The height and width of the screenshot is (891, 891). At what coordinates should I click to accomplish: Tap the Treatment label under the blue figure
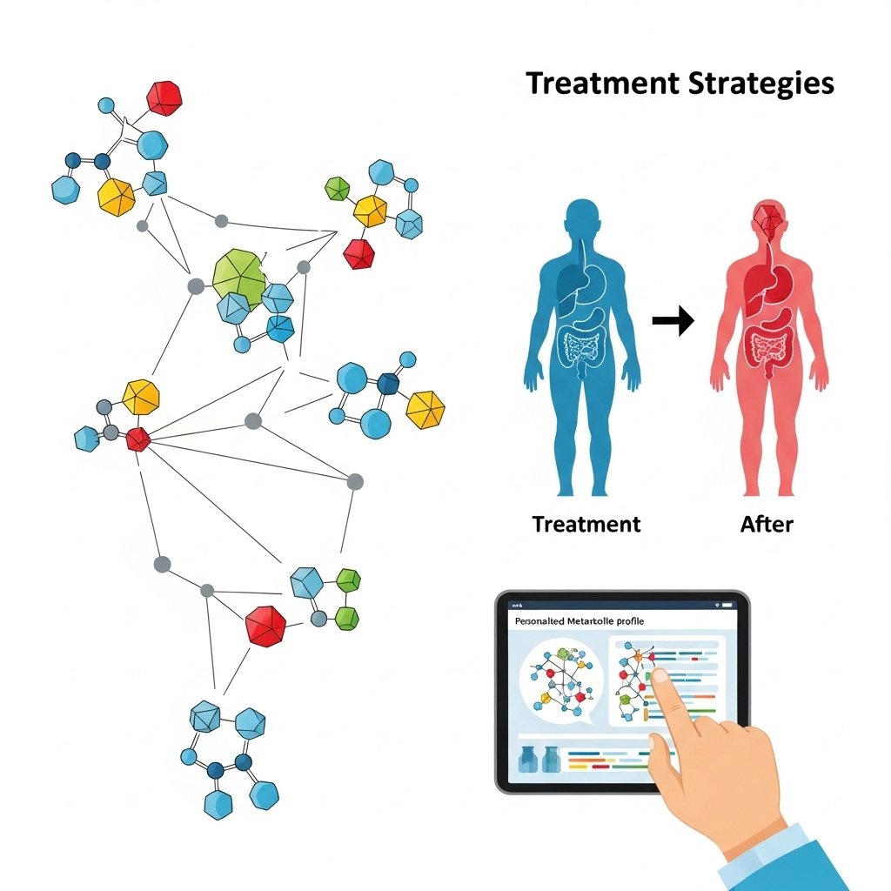point(586,524)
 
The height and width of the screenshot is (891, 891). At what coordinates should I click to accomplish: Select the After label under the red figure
point(767,524)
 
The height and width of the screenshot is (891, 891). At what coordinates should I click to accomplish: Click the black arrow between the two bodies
point(673,321)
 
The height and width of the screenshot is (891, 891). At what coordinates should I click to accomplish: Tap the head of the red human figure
point(767,218)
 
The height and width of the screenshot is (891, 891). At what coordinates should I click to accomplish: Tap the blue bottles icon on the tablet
point(538,760)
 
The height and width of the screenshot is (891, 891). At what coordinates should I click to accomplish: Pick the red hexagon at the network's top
point(164,97)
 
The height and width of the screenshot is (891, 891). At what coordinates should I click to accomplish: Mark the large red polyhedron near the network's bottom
point(265,625)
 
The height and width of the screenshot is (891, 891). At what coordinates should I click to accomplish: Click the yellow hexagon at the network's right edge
point(425,409)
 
